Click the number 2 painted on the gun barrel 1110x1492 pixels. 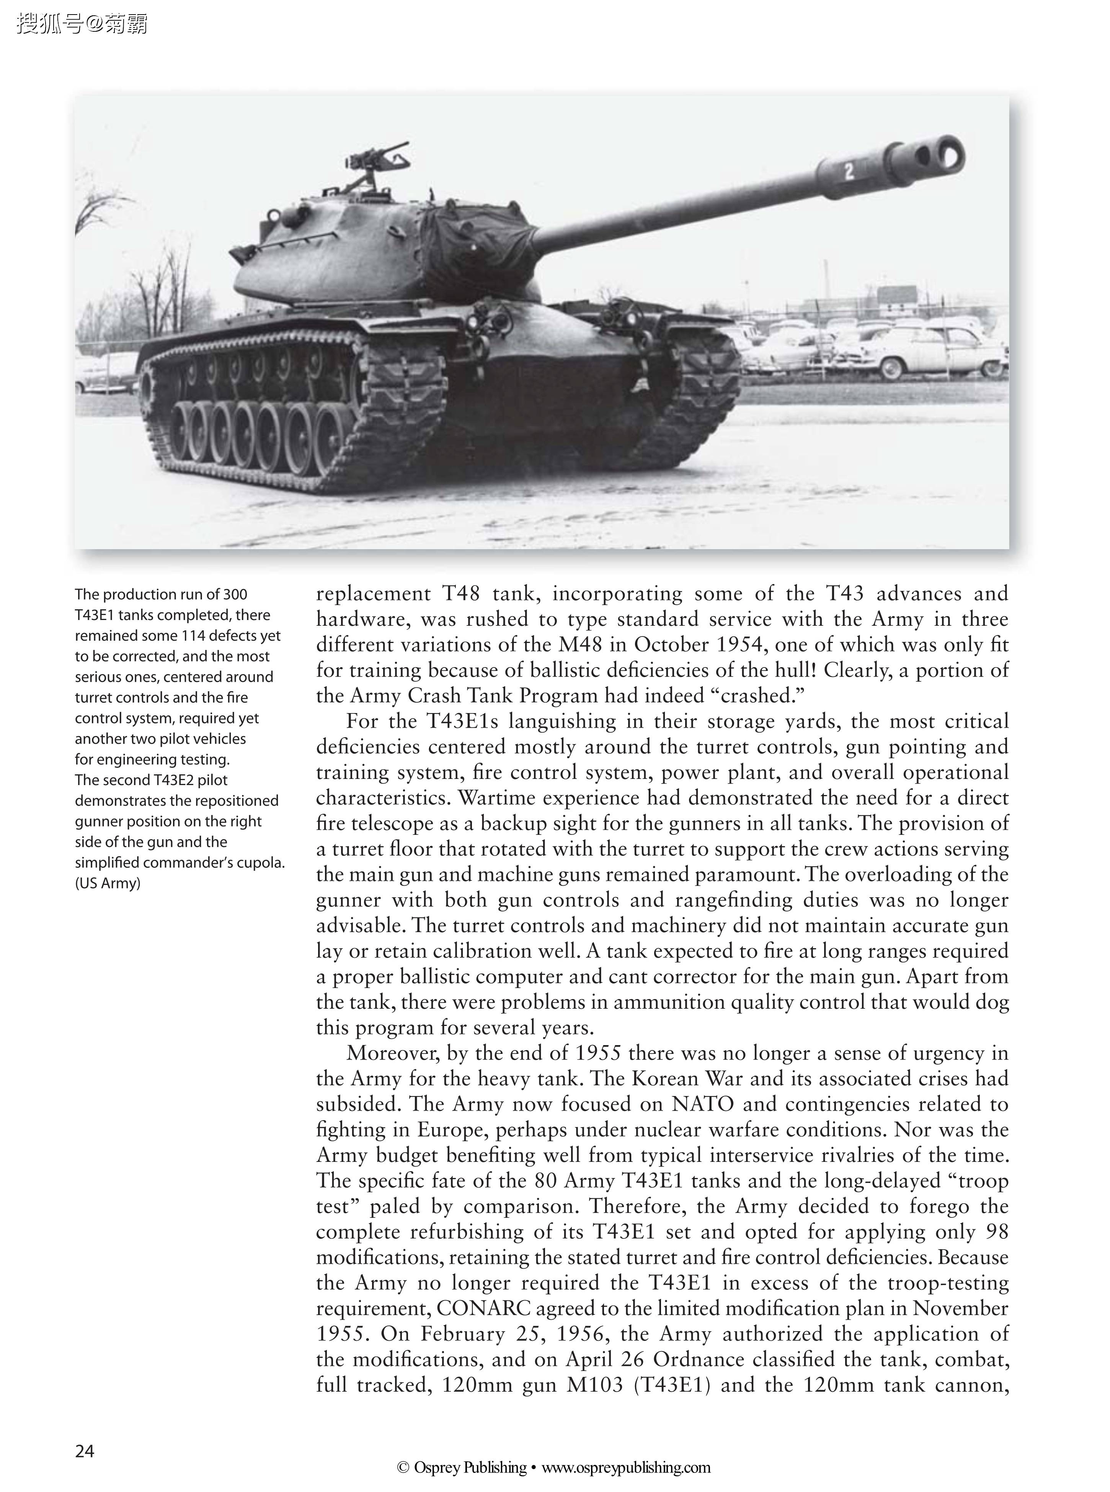click(849, 172)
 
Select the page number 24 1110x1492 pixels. click(85, 1452)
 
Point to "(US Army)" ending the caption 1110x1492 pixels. click(108, 883)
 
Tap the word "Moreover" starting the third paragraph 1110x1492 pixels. click(393, 1053)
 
